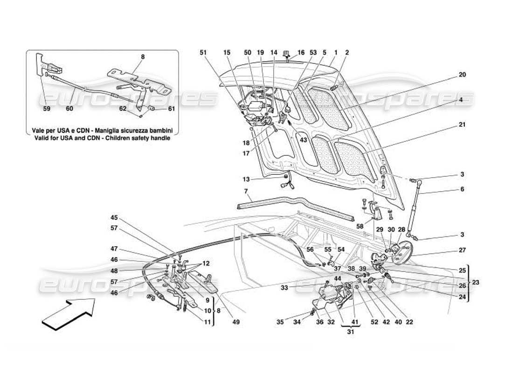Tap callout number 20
click(x=462, y=75)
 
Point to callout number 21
click(x=462, y=125)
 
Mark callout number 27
click(x=462, y=250)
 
